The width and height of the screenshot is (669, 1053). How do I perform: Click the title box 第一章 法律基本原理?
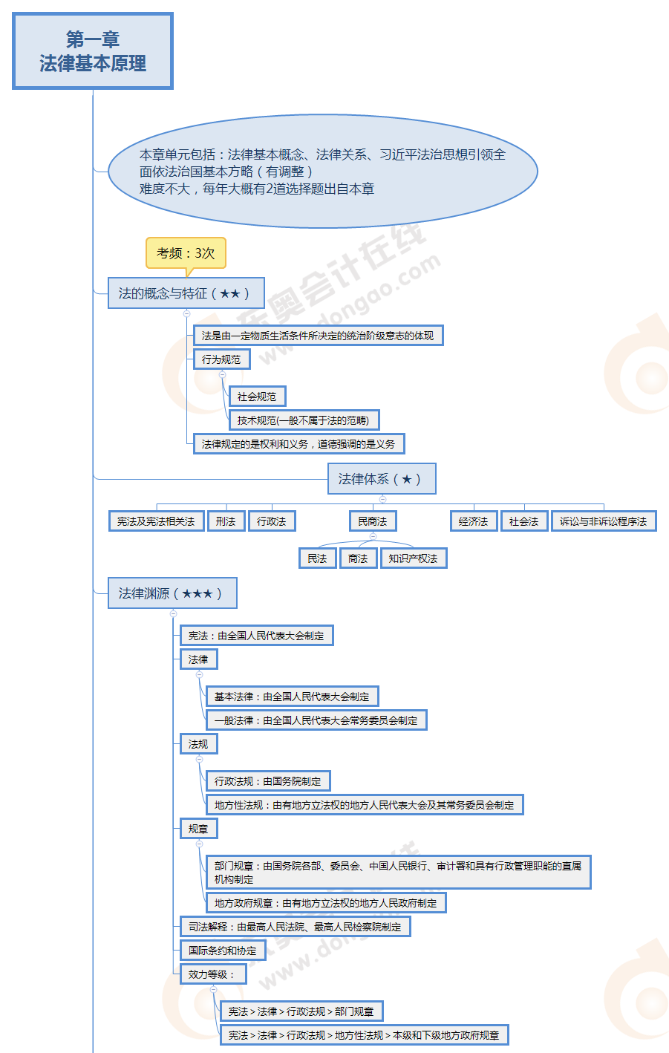93,51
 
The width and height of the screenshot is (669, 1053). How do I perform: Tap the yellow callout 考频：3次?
186,253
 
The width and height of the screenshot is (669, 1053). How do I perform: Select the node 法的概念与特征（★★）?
186,293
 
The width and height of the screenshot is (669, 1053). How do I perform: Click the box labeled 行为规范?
221,359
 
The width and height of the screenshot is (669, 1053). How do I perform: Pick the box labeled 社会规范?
257,397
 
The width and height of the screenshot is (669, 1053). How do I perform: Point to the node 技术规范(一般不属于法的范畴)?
304,420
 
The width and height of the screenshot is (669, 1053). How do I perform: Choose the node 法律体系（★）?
381,479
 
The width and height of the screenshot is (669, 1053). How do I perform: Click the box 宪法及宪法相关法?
156,521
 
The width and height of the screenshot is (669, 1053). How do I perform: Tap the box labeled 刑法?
226,521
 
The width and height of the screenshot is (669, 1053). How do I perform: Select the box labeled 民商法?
373,521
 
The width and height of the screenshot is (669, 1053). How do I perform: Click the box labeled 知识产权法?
414,558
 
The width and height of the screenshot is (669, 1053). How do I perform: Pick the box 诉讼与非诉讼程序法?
604,521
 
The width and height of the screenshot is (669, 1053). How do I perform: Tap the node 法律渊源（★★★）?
172,593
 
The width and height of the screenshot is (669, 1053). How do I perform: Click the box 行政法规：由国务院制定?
268,781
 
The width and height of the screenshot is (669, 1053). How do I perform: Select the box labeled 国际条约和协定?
223,951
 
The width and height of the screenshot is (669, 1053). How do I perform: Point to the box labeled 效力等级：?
212,974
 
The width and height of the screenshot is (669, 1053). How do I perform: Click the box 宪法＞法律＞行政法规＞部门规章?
301,1011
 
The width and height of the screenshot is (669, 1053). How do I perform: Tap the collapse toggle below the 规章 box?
199,844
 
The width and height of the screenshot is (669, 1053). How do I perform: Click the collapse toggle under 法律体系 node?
382,499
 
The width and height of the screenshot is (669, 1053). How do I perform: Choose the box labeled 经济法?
474,521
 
